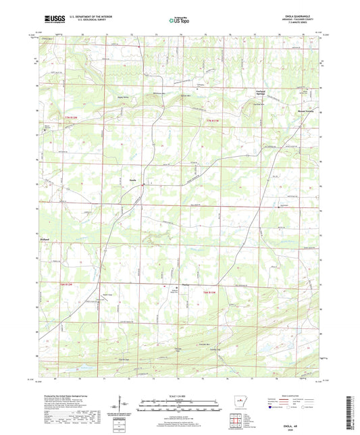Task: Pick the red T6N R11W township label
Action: (x=209, y=292)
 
